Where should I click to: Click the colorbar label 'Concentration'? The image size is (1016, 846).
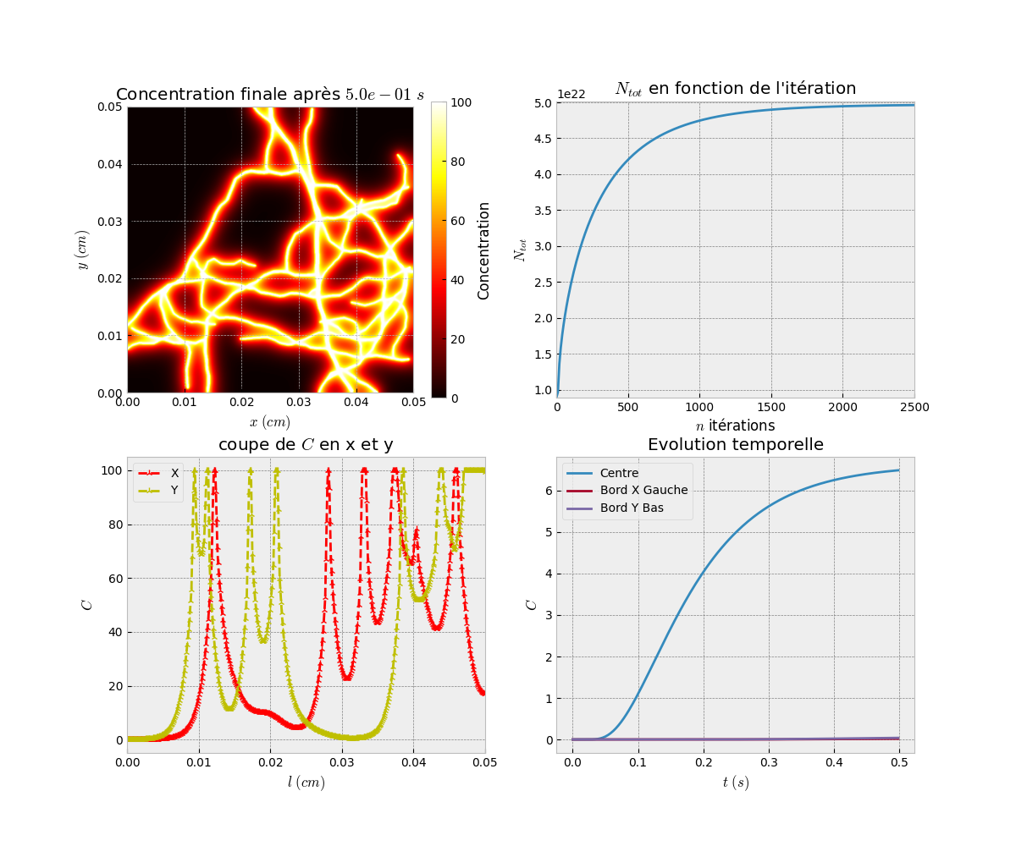click(484, 250)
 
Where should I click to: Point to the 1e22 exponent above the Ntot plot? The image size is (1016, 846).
click(571, 94)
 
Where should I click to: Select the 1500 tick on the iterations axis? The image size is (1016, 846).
click(771, 409)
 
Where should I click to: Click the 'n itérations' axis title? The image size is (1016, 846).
click(735, 426)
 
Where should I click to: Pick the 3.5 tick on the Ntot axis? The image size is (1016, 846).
click(542, 211)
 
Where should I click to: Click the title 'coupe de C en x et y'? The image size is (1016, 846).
click(306, 445)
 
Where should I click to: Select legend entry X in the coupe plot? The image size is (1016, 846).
click(174, 474)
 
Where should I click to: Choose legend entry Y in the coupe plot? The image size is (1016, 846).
click(174, 490)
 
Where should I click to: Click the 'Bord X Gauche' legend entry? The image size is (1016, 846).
click(643, 491)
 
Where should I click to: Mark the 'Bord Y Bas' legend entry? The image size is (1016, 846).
click(632, 508)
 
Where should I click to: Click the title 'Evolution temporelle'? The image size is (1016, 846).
click(735, 445)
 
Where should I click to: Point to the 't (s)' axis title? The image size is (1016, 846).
click(735, 783)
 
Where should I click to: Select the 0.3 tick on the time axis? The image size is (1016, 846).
click(768, 764)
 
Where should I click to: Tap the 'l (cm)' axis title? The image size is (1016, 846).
click(306, 783)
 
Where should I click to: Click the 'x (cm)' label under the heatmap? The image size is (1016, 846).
click(269, 421)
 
